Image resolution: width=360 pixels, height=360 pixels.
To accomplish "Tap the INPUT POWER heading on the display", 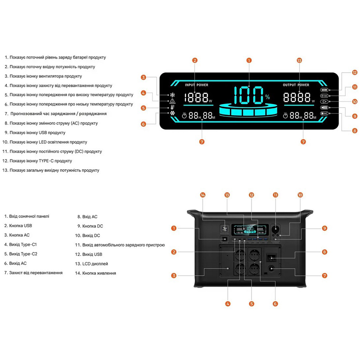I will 197,85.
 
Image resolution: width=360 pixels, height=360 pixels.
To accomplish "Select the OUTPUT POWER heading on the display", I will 296,85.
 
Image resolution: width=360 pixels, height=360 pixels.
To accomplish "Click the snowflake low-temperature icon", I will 172,113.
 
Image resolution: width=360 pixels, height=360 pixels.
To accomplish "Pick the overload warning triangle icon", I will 172,101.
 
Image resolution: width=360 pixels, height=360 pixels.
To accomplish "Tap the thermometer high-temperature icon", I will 172,107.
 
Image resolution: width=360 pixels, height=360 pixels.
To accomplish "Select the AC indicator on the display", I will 324,113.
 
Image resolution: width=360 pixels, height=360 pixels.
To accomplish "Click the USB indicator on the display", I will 324,107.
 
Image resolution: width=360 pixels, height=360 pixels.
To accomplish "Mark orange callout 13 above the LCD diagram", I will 299,60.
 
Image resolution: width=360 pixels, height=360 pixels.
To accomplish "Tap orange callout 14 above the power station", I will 203,195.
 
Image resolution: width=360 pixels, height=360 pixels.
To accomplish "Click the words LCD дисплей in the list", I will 95,264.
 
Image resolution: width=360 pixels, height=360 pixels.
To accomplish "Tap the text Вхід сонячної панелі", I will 29,216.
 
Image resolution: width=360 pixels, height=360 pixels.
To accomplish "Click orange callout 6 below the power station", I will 275,303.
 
